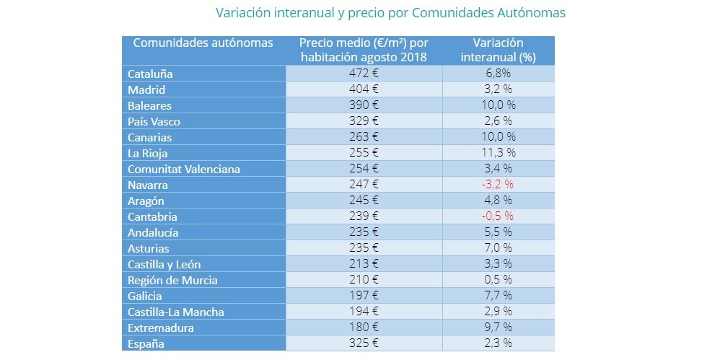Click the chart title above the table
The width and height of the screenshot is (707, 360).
[390, 13]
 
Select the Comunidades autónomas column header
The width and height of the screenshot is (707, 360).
[203, 43]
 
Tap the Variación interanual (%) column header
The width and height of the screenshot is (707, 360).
[499, 50]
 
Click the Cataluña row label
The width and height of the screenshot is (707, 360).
[150, 74]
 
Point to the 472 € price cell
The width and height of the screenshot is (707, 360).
[364, 73]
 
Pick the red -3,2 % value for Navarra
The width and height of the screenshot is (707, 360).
[497, 184]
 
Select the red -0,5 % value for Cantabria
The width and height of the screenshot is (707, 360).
[497, 216]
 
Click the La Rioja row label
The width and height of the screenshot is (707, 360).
[147, 154]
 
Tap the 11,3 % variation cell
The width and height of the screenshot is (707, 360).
[499, 152]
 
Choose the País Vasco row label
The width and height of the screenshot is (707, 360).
[154, 121]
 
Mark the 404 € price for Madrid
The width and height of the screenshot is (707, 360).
[364, 89]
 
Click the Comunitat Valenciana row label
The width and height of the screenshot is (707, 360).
[184, 169]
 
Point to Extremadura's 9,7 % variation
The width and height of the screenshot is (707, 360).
[499, 327]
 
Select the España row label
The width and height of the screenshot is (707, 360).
[146, 343]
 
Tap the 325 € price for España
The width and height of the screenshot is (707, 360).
[364, 343]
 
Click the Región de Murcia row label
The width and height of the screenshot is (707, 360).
[172, 281]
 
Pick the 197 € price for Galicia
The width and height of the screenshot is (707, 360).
[364, 296]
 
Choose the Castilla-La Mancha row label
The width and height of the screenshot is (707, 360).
[176, 312]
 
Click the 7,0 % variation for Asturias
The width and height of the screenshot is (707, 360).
[499, 247]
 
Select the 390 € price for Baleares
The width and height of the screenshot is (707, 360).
[364, 105]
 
